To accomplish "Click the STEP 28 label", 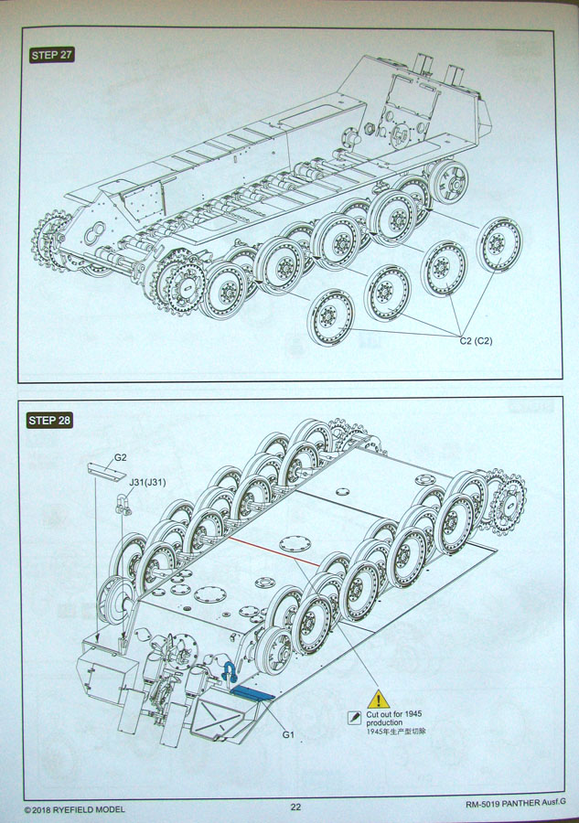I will point(51,421).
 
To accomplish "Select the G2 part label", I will point(120,457).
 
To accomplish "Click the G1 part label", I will point(287,734).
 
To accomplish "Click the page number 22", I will point(295,807).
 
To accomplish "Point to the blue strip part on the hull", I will point(252,694).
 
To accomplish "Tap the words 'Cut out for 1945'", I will point(394,713).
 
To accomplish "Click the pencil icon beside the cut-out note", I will point(354,720).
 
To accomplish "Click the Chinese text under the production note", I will point(396,732).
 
